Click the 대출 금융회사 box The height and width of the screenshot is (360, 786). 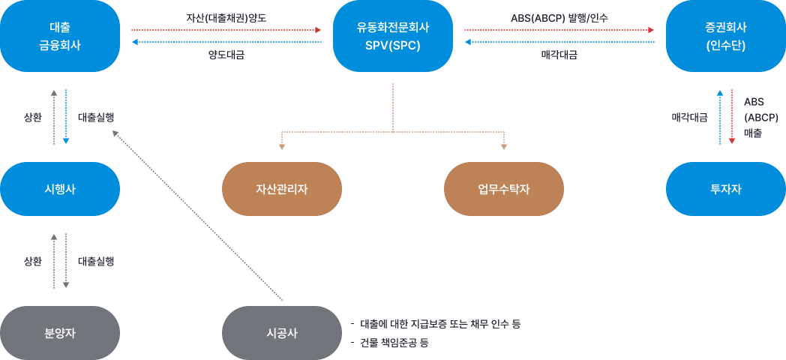60,36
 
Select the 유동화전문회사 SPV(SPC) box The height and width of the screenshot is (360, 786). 393,36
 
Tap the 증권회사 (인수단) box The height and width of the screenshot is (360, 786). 725,36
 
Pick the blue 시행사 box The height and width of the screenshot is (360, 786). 60,189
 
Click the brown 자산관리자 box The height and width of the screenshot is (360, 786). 282,189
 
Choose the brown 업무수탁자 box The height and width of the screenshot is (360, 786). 503,189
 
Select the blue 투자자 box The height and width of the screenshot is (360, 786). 725,189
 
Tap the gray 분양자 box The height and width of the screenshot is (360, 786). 60,333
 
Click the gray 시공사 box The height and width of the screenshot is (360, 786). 282,333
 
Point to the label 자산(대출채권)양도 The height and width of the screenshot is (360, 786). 226,16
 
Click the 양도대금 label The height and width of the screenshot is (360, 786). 226,55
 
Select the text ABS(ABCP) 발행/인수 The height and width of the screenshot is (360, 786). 559,16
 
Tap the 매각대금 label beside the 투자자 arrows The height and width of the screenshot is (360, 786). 689,117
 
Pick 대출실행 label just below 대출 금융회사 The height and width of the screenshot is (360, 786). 96,117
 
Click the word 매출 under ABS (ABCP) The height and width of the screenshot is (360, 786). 752,133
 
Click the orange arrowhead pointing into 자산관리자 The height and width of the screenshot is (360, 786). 282,146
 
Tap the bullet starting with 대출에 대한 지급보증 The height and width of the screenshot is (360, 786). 439,324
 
